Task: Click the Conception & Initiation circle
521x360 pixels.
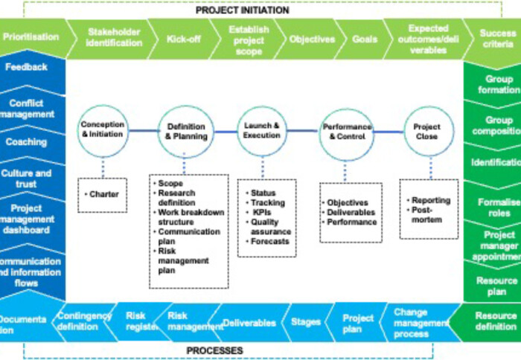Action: coord(103,130)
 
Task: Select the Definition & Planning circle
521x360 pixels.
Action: coord(186,132)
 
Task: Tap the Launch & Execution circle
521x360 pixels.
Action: coord(262,131)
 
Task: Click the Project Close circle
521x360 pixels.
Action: coord(427,132)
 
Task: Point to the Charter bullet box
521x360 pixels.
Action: coord(102,195)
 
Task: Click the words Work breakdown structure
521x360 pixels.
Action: coord(191,217)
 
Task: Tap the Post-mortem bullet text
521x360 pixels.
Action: coord(426,219)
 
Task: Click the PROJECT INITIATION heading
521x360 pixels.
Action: coord(243,10)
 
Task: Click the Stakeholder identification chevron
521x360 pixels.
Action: coord(115,37)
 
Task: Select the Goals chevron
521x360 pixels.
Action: coord(364,38)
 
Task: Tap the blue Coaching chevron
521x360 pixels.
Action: coord(27,141)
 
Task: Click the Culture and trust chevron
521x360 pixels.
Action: coord(27,179)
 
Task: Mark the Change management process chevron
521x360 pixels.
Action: coord(421,324)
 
